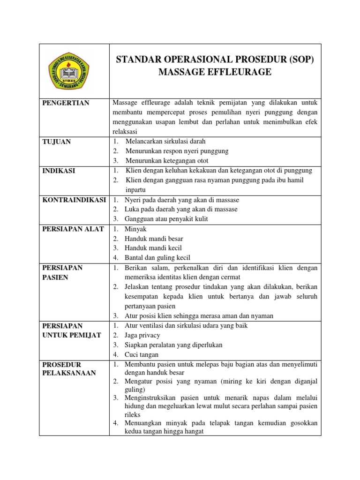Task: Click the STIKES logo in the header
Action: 74,71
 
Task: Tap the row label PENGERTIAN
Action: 66,103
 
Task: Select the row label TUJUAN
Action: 57,142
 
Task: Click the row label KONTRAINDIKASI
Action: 74,200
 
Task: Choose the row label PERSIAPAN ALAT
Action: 73,229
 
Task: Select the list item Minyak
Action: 135,229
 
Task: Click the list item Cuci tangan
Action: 142,354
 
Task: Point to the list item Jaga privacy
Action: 142,335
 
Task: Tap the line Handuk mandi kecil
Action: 153,248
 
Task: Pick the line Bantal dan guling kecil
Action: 157,257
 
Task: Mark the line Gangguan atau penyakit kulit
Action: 166,219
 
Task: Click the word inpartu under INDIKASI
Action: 136,190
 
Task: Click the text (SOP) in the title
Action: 298,60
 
